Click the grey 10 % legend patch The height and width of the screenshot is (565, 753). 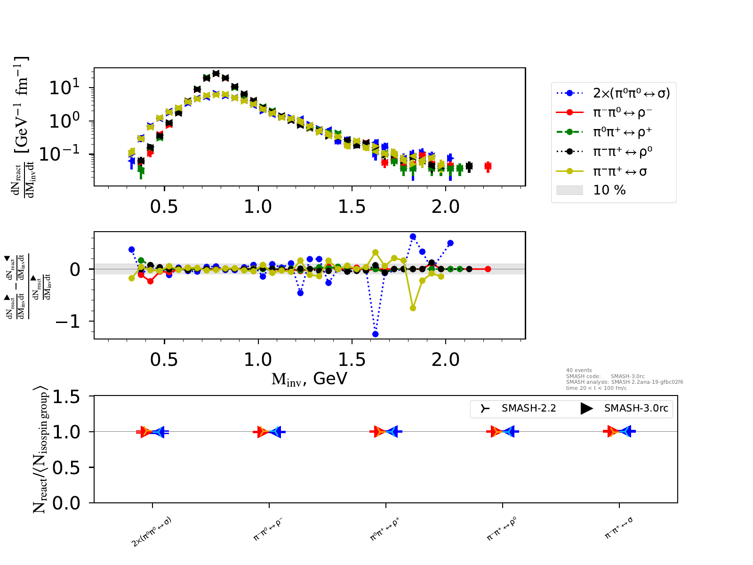tap(569, 190)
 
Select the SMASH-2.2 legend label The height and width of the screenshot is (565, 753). tap(529, 408)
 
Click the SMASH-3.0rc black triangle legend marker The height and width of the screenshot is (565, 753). tap(586, 408)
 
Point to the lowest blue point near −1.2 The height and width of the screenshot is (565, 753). tap(376, 334)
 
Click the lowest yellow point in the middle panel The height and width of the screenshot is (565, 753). tap(413, 308)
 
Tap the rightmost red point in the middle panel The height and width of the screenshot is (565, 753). tap(488, 269)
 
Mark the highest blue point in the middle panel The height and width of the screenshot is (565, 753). tap(413, 237)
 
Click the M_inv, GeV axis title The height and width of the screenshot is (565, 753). tap(309, 379)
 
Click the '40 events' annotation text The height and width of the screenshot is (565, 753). tap(579, 370)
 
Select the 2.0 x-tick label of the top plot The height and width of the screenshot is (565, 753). tap(446, 206)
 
